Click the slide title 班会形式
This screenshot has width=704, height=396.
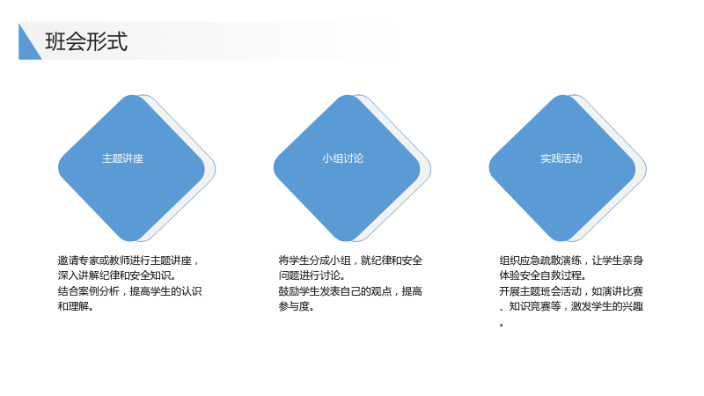pos(86,41)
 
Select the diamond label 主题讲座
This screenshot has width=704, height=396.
pos(122,158)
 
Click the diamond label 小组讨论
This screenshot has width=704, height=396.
pos(342,158)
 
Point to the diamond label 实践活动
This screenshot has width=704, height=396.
pos(561,158)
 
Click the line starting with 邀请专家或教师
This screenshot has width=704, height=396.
pos(128,260)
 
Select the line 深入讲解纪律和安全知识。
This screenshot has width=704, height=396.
pos(117,275)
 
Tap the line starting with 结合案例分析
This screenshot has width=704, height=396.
pos(129,291)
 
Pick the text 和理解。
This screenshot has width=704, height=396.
pos(76,306)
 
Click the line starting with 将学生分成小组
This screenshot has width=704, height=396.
pos(350,260)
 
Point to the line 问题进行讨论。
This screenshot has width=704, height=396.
pos(312,275)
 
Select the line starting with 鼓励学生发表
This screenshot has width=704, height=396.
pos(350,291)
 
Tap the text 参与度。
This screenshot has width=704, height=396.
pos(296,306)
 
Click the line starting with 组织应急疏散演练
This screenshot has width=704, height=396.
pos(571,260)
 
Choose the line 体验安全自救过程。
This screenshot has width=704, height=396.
pos(542,275)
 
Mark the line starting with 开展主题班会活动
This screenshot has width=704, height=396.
pos(571,291)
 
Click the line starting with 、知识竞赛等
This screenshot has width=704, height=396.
pos(571,306)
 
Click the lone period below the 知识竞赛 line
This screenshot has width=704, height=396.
pos(501,325)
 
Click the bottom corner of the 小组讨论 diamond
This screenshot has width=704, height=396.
pos(347,240)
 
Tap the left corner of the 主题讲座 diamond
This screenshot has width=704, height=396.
pos(59,168)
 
